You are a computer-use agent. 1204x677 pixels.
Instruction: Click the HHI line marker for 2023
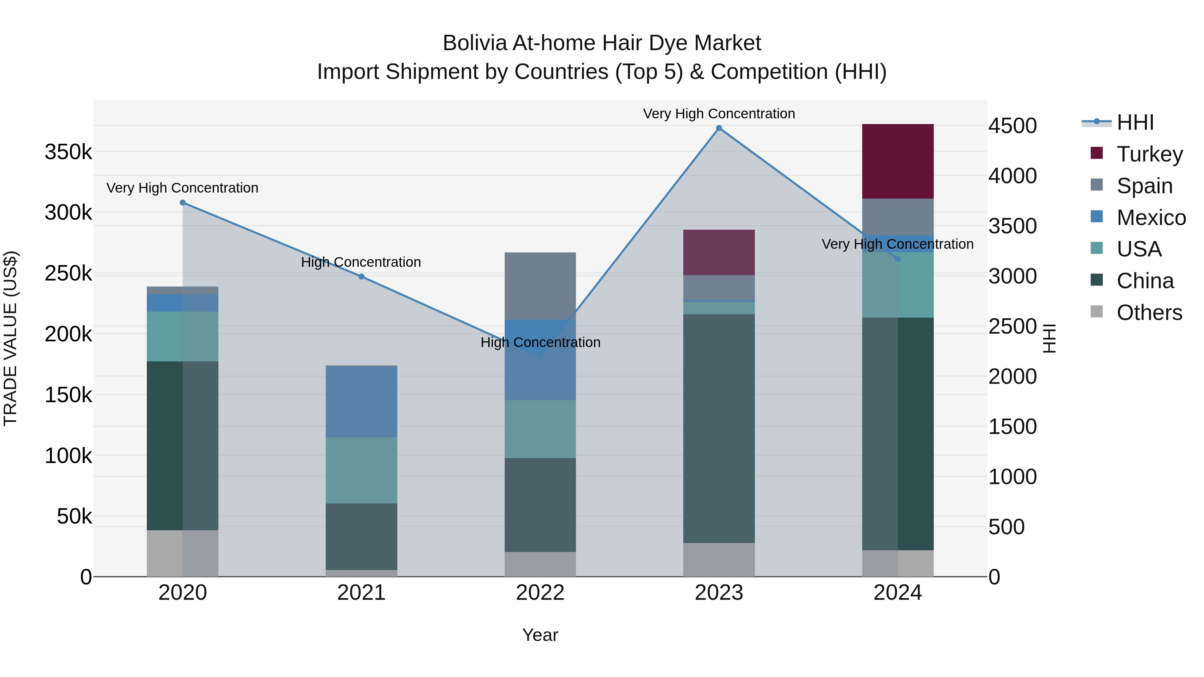pyautogui.click(x=719, y=128)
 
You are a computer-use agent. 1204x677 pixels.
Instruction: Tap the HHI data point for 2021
pyautogui.click(x=361, y=276)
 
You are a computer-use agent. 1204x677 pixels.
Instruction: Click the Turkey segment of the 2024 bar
pyautogui.click(x=897, y=161)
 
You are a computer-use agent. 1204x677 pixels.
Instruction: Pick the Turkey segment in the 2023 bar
pyautogui.click(x=719, y=252)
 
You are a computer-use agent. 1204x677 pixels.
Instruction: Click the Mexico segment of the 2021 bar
pyautogui.click(x=361, y=402)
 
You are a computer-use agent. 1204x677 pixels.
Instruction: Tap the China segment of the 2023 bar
pyautogui.click(x=719, y=428)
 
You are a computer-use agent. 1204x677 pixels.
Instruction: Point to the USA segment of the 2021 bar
pyautogui.click(x=361, y=470)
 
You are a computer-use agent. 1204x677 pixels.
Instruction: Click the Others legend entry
pyautogui.click(x=1149, y=313)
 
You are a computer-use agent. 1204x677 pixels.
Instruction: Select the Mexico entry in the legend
pyautogui.click(x=1151, y=218)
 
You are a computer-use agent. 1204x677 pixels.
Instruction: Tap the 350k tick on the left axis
pyautogui.click(x=68, y=152)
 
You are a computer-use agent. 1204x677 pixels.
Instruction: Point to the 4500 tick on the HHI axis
pyautogui.click(x=1012, y=126)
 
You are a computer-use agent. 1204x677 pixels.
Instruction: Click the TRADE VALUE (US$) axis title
pyautogui.click(x=10, y=338)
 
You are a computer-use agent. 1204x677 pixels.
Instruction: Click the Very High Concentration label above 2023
pyautogui.click(x=719, y=114)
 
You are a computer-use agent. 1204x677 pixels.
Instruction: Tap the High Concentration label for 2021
pyautogui.click(x=361, y=262)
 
